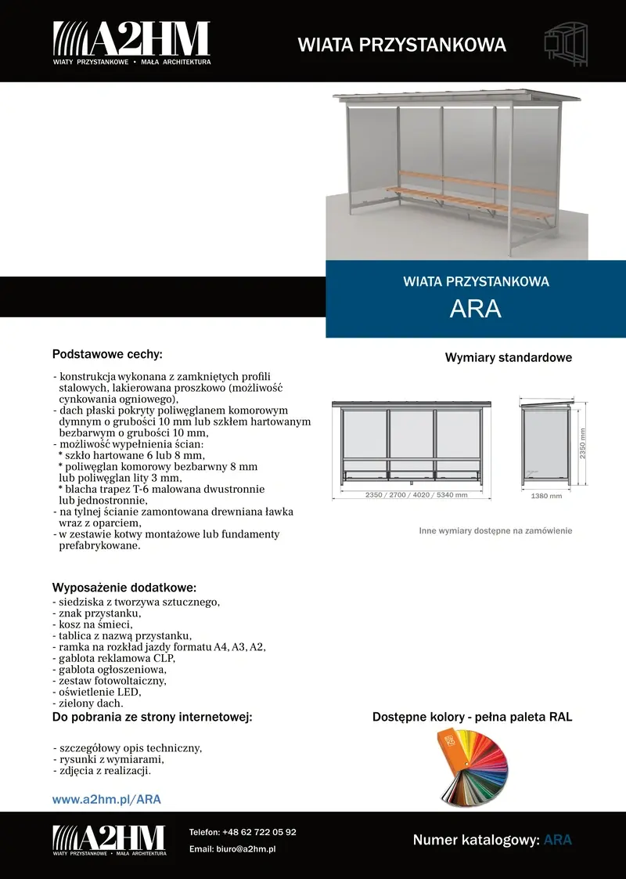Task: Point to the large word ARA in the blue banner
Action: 476,309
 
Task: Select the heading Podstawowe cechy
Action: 107,354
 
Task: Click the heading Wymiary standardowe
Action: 509,358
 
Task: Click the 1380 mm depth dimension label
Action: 546,496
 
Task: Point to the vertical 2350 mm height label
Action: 583,443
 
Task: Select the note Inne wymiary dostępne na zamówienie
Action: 495,530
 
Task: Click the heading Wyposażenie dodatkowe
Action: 124,588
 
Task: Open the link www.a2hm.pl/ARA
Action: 106,800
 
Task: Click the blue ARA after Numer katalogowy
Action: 558,840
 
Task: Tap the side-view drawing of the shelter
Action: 545,443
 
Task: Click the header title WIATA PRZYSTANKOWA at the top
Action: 402,45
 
